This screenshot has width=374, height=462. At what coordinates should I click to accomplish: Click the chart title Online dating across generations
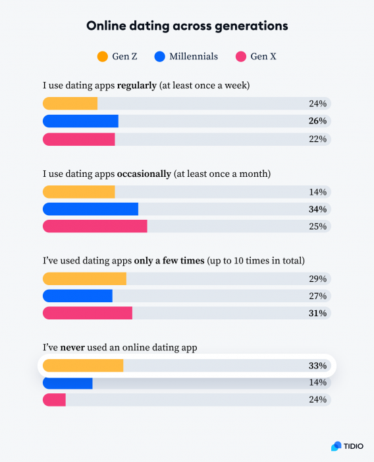point(187,26)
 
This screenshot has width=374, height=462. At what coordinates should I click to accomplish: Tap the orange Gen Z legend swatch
point(102,57)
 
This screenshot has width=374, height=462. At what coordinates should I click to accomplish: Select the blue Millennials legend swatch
point(159,57)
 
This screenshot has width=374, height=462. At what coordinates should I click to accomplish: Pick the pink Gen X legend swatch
point(240,57)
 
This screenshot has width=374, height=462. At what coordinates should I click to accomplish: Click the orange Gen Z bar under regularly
point(70,104)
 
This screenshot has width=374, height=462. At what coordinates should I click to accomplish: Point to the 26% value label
point(318,121)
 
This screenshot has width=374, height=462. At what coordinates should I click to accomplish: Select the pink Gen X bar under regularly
point(79,139)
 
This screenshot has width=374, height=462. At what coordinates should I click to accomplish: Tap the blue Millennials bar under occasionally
point(91,209)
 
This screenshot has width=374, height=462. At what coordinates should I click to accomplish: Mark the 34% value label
point(318,209)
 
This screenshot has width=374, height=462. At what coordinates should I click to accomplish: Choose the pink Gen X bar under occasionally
point(95,226)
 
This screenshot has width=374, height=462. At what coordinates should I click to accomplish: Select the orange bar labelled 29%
point(84,279)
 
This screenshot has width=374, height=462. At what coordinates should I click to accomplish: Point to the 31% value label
point(318,313)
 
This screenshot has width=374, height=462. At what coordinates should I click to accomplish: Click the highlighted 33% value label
point(318,366)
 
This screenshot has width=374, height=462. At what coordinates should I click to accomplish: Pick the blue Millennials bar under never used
point(68,383)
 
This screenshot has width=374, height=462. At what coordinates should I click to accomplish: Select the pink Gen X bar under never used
point(55,400)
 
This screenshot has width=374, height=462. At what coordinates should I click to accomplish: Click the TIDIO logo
point(346,446)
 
